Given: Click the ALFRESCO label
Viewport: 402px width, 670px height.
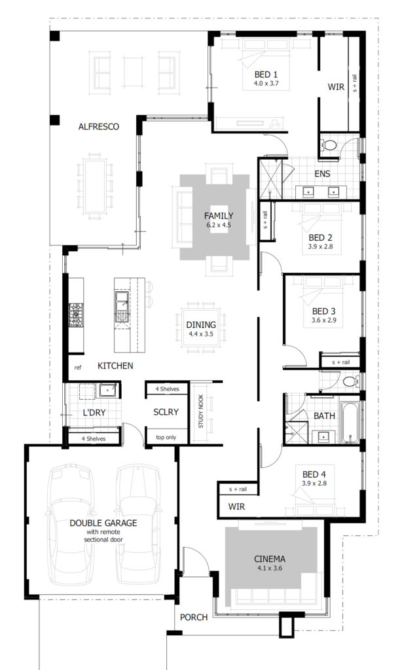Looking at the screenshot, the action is tap(99, 126).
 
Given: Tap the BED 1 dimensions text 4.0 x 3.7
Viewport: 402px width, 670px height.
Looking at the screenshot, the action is tap(266, 83).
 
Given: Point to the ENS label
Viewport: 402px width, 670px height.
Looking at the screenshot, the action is tap(323, 173).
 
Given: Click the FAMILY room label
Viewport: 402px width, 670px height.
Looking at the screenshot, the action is tap(219, 216).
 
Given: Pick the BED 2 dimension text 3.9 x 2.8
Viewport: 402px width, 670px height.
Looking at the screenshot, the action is tap(321, 247).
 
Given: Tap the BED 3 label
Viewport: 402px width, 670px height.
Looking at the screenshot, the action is tap(323, 311).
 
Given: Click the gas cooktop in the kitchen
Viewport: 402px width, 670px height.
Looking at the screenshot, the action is tap(76, 315).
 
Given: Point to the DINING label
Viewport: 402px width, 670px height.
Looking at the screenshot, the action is tap(201, 325).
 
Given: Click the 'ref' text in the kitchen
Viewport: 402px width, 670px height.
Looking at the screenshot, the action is tap(78, 367).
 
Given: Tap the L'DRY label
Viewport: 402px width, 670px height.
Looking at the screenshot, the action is tap(94, 413).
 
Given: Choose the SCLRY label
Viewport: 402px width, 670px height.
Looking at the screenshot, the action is tap(166, 412).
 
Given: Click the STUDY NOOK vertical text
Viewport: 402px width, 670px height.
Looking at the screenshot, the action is tap(201, 411).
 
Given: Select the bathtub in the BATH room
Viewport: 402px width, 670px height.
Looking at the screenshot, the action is tap(350, 422).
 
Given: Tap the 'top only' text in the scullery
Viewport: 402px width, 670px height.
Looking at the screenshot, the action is tap(166, 437).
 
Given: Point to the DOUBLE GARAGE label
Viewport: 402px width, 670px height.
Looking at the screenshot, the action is tap(103, 523).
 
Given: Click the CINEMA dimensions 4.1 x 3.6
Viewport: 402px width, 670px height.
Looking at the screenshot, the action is tap(270, 568).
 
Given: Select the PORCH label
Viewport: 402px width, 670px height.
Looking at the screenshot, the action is tap(194, 617).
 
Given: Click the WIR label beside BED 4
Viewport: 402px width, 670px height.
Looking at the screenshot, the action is tap(236, 506).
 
